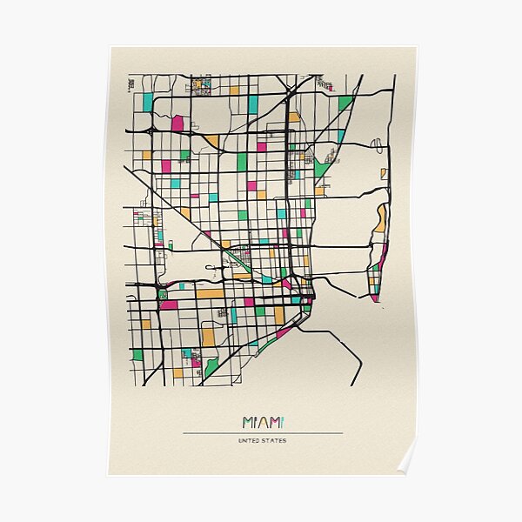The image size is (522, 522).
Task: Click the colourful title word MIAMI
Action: pyautogui.click(x=262, y=423)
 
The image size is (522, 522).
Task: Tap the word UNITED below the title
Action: pyautogui.click(x=250, y=440)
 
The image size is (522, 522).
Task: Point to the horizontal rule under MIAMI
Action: pyautogui.click(x=262, y=432)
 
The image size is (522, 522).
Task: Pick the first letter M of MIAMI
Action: pyautogui.click(x=247, y=423)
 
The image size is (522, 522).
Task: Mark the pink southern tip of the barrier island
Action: pyautogui.click(x=374, y=298)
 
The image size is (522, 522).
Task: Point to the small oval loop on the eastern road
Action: pyautogui.click(x=377, y=145)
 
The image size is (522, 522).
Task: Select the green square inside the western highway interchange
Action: pyautogui.click(x=162, y=294)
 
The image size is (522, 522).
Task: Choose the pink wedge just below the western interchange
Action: pyautogui.click(x=168, y=304)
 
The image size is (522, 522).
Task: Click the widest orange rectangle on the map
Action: pyautogui.click(x=209, y=293)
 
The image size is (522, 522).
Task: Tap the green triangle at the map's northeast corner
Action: pyautogui.click(x=345, y=103)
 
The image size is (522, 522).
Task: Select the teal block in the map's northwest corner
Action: pyautogui.click(x=148, y=102)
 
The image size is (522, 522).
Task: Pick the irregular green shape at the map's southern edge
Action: pyautogui.click(x=211, y=367)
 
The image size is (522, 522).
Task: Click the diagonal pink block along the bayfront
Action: pyautogui.click(x=284, y=331)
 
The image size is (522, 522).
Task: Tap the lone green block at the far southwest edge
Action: pyautogui.click(x=137, y=355)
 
